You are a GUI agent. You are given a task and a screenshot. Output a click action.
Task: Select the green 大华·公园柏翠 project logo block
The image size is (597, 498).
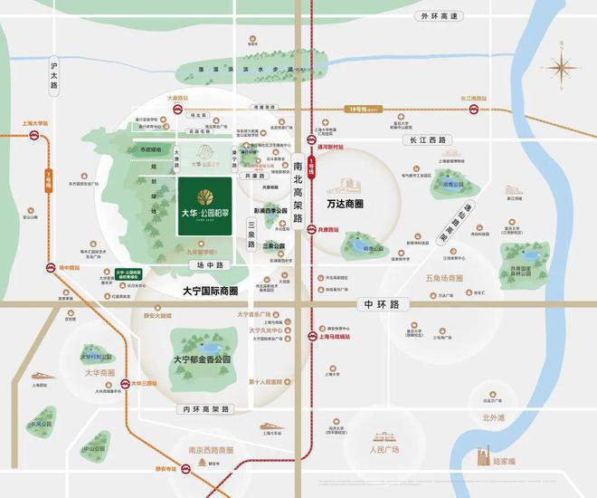coord(211,208)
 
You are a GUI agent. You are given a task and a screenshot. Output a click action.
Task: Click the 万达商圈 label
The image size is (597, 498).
coord(351,195)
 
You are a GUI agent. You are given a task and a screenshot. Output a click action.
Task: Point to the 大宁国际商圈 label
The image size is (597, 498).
coord(204,291)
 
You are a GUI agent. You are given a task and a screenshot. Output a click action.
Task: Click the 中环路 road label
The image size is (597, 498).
coord(379,305)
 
